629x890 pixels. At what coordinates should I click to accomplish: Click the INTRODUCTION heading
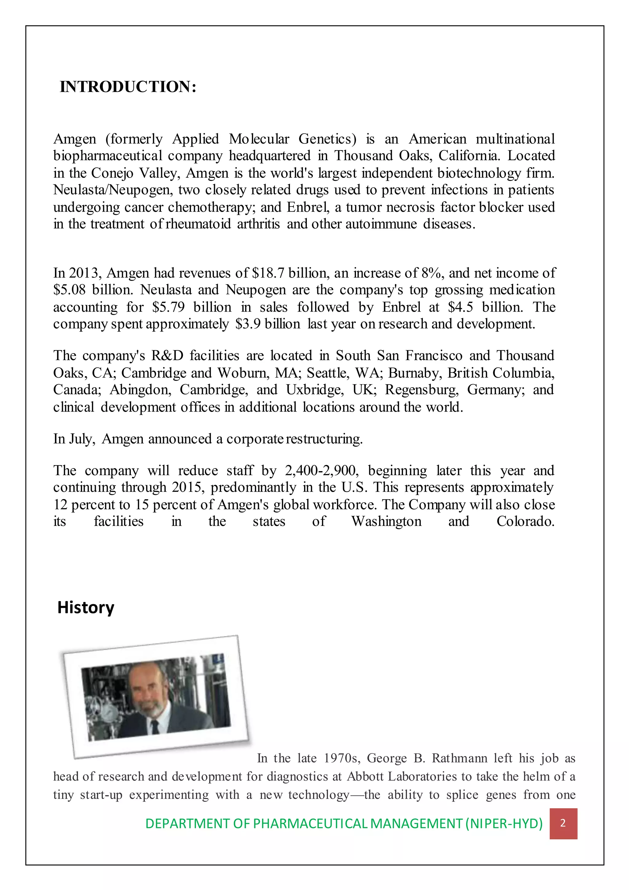pyautogui.click(x=128, y=87)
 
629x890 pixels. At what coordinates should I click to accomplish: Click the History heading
pyautogui.click(x=86, y=607)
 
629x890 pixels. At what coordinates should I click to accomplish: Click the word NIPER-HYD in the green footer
pyautogui.click(x=503, y=824)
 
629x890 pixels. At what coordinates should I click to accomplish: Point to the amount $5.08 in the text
pyautogui.click(x=69, y=290)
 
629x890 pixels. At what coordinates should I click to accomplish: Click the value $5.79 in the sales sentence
pyautogui.click(x=168, y=307)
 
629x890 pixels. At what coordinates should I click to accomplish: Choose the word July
pyautogui.click(x=82, y=439)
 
